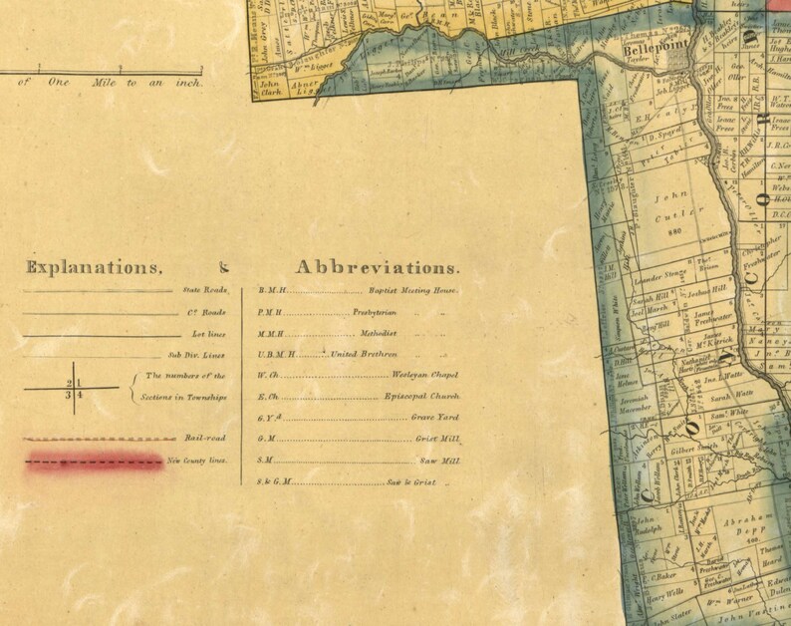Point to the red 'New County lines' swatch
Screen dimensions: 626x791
tap(95, 462)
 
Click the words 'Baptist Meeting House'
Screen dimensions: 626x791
tap(412, 290)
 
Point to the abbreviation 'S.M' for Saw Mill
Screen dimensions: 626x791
tap(265, 461)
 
